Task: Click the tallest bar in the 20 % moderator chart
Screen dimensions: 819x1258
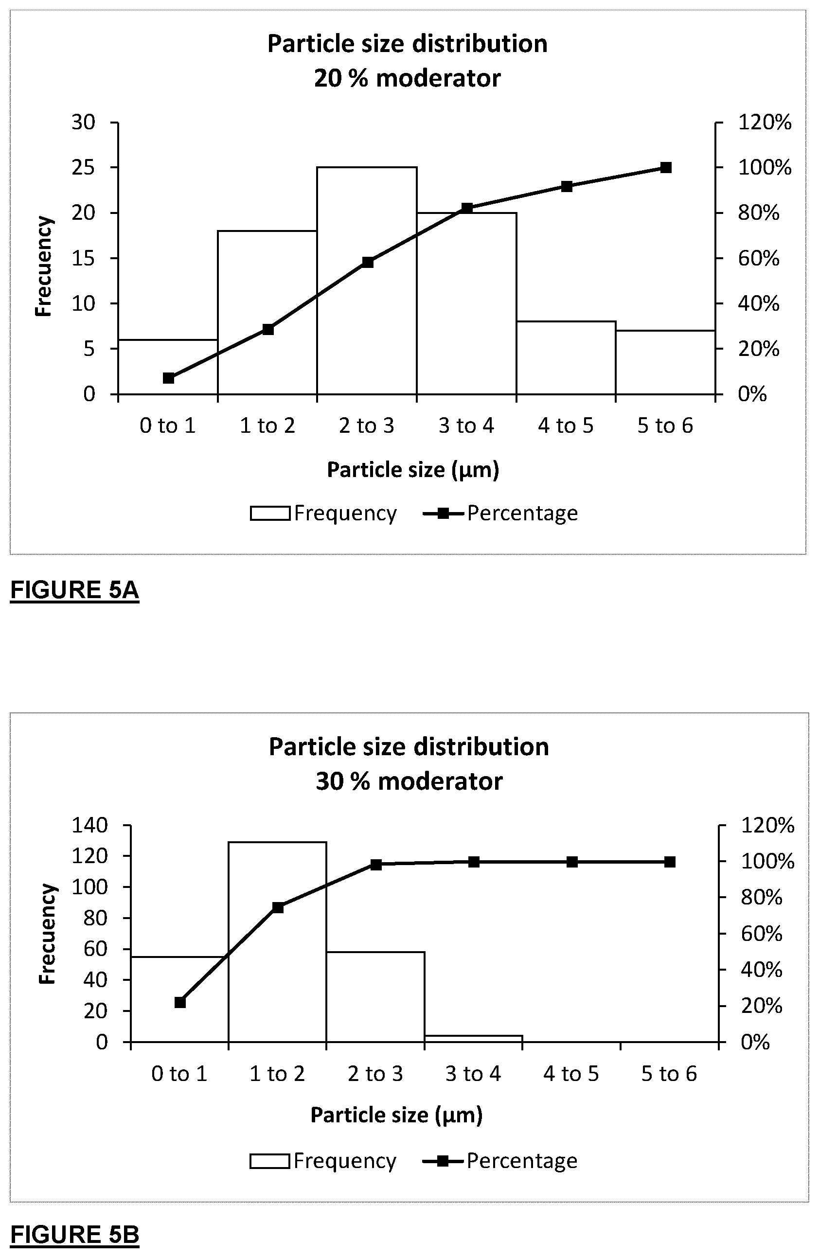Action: point(367,281)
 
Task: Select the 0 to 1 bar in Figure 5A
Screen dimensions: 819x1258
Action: point(168,367)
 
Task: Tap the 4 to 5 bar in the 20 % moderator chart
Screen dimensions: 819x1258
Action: point(566,357)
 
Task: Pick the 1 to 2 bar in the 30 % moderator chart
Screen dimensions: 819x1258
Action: point(277,941)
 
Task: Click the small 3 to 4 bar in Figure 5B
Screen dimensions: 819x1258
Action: point(473,1039)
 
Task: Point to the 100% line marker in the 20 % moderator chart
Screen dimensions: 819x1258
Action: point(666,168)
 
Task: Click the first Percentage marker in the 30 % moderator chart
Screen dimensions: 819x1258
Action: point(180,1002)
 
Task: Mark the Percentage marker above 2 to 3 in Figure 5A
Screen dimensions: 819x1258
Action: point(368,262)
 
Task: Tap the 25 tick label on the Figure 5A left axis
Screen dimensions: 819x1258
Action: point(84,168)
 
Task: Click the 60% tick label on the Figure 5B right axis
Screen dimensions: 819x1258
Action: point(762,934)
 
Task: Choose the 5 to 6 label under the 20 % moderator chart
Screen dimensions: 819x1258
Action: point(665,425)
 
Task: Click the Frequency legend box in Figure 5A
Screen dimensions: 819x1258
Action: point(270,513)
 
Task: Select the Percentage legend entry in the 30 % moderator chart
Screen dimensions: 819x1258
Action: point(499,1161)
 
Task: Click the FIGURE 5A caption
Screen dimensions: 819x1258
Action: point(74,590)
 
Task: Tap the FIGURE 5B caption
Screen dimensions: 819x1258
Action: point(74,1234)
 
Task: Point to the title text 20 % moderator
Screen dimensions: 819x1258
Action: point(408,78)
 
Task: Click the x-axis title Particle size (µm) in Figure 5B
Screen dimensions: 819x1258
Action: point(396,1115)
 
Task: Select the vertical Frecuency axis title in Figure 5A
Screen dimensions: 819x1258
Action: point(43,266)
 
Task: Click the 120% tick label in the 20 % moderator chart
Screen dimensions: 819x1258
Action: point(765,123)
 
